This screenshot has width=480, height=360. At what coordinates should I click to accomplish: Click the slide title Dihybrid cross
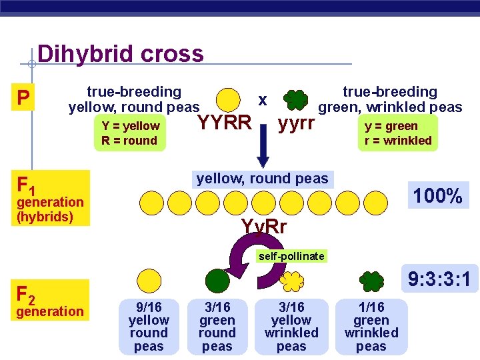click(x=121, y=53)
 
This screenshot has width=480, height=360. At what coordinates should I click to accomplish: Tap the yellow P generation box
click(x=23, y=99)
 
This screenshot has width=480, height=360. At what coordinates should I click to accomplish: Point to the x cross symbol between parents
click(x=263, y=100)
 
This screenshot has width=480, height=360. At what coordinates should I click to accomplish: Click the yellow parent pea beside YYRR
click(x=229, y=99)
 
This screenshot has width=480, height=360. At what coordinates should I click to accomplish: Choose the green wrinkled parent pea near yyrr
click(x=296, y=100)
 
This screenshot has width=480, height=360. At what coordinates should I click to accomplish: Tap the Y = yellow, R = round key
click(x=130, y=133)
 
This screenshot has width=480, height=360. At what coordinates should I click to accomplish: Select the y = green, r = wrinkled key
click(x=398, y=133)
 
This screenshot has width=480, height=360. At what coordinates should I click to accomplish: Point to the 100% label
click(x=437, y=196)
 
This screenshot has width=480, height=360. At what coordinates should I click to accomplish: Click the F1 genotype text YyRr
click(x=264, y=227)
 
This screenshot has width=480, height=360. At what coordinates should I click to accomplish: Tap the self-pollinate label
click(x=293, y=256)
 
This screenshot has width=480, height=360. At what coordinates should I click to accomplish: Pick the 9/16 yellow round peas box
click(x=148, y=327)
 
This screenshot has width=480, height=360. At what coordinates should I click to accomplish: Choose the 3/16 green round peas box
click(x=217, y=327)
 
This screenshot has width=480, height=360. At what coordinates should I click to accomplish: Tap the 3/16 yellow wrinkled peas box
click(x=291, y=327)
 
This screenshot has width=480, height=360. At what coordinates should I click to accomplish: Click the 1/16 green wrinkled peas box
click(x=371, y=327)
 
